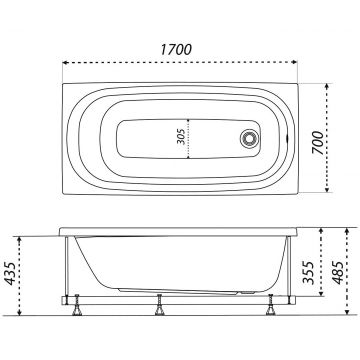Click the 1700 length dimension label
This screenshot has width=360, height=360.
point(176,50)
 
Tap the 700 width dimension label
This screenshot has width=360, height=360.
point(318,143)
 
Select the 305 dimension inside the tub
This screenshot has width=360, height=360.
point(181,138)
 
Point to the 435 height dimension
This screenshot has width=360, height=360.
point(10,274)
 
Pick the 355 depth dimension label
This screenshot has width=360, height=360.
point(308,272)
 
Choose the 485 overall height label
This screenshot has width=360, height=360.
point(338,272)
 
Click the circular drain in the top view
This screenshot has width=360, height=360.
point(249,138)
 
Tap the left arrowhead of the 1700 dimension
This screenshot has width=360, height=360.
point(65,62)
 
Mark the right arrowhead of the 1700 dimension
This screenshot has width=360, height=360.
point(294,62)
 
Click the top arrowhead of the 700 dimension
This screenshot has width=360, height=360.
point(327,86)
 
